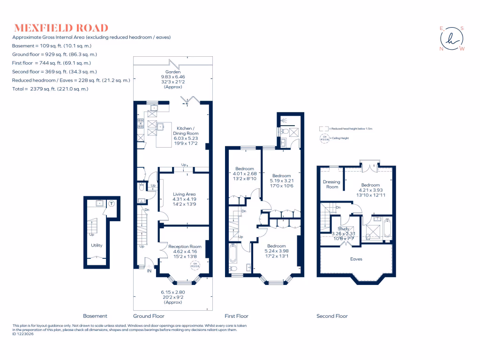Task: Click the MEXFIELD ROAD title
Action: (61, 28)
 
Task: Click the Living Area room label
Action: (184, 199)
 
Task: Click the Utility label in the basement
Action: (97, 245)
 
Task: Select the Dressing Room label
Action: (331, 184)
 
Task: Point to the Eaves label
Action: (356, 259)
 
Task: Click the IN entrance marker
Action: (149, 271)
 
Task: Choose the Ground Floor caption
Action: (149, 316)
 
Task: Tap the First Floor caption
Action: (236, 316)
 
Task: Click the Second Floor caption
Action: (332, 316)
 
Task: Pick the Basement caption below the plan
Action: (95, 316)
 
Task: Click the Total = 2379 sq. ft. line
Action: (50, 89)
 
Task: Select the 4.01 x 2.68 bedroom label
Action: (245, 174)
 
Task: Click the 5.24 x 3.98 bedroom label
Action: (277, 251)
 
